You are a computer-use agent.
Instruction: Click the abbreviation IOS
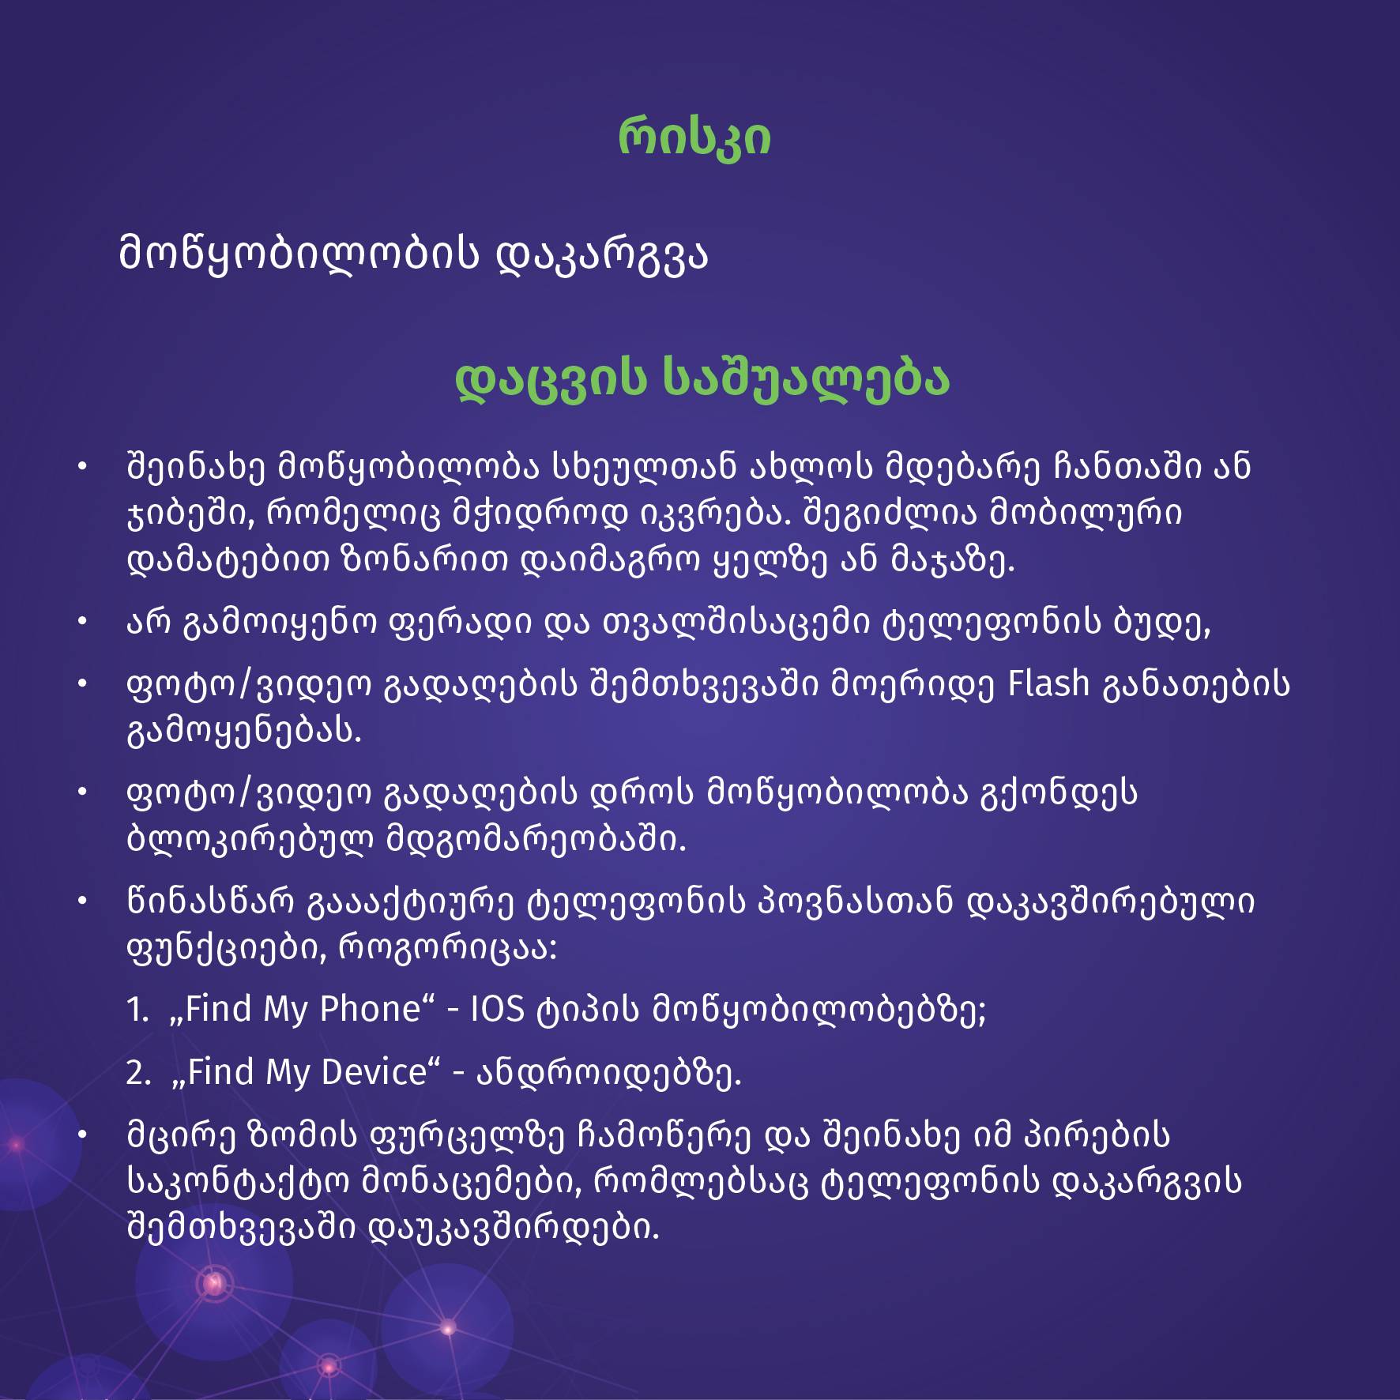coord(497,1009)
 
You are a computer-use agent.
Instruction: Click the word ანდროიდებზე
coord(608,1073)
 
